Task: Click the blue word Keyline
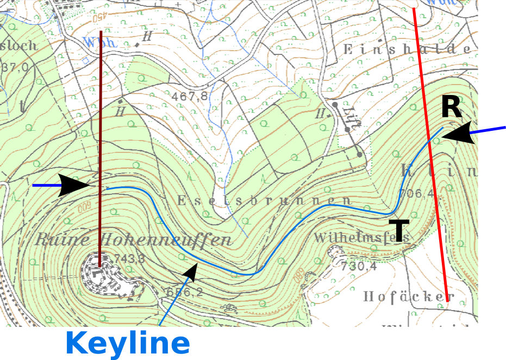pyautogui.click(x=127, y=343)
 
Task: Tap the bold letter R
pyautogui.click(x=451, y=107)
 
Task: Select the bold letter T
pyautogui.click(x=399, y=230)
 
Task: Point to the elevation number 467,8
pyautogui.click(x=189, y=97)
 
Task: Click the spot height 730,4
pyautogui.click(x=359, y=266)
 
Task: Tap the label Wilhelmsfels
pyautogui.click(x=361, y=237)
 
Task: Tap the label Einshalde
pyautogui.click(x=407, y=49)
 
